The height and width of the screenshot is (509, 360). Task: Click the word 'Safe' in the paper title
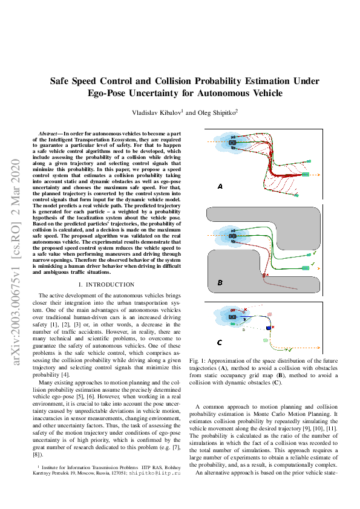tap(61, 80)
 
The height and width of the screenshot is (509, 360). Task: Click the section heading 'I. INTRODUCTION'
tap(106, 284)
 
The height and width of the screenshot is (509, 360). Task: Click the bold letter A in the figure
tap(220, 187)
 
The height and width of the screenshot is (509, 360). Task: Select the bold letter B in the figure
tap(220, 282)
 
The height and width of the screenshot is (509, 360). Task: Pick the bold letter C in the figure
tap(219, 343)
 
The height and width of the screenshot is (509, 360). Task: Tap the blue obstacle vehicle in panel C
tap(268, 327)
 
